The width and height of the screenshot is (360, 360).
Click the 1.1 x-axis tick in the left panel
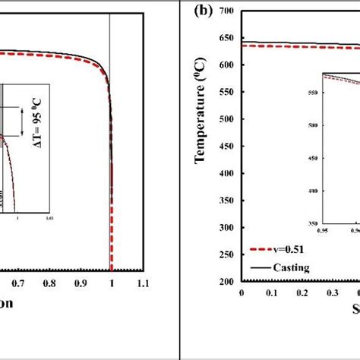coord(142,283)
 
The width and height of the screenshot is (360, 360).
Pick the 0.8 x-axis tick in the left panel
coord(49,283)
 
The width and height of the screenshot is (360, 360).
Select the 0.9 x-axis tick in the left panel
coord(81,283)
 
